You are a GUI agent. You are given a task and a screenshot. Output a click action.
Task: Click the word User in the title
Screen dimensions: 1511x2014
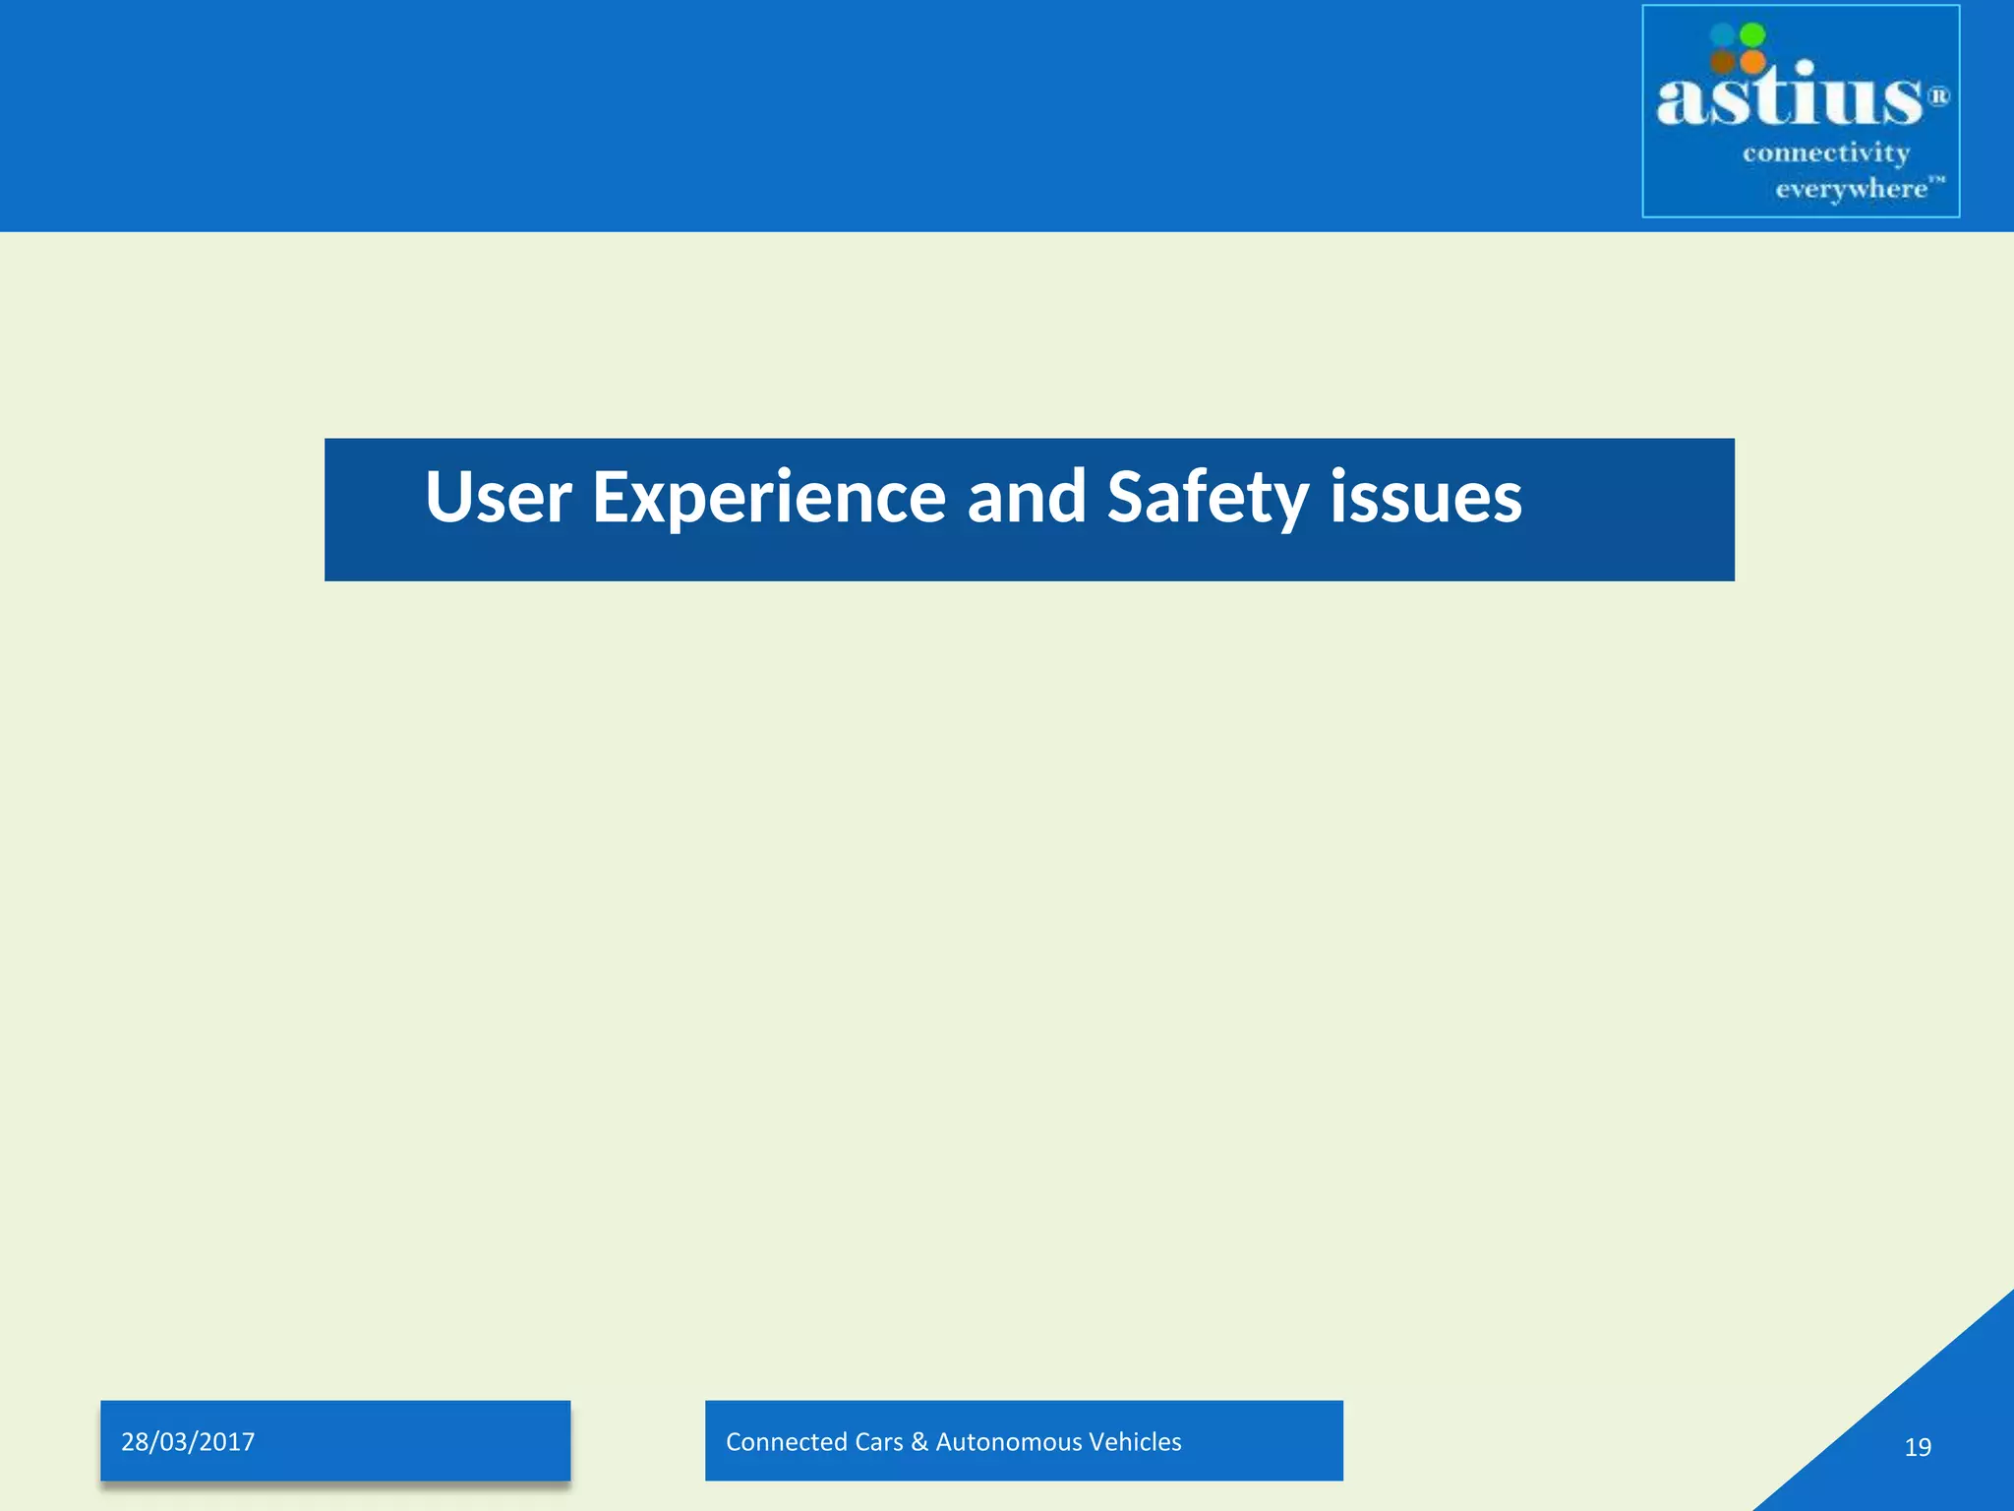498,497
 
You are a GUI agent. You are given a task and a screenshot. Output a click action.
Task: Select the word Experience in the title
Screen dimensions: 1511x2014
769,497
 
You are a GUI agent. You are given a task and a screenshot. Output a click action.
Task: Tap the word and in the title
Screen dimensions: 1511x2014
1027,497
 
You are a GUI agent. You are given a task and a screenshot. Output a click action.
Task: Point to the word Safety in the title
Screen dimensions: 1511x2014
1208,497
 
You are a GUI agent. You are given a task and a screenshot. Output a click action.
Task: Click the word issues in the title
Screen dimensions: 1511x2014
1425,497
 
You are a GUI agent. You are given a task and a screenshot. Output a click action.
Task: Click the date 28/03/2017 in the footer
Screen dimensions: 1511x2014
188,1442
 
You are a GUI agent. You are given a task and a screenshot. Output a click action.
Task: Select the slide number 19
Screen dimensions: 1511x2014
1918,1447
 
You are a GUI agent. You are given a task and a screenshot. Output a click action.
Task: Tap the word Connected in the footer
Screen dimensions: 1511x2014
787,1442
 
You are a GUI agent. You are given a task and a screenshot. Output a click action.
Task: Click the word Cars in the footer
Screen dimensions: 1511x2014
878,1442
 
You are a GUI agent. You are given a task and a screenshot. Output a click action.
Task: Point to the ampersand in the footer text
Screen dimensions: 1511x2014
919,1442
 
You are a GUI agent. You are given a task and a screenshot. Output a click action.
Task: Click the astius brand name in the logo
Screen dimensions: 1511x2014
1788,98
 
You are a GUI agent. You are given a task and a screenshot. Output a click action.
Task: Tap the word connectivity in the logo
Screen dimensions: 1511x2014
1826,153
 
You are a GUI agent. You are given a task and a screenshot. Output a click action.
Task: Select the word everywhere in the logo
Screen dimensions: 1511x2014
1851,189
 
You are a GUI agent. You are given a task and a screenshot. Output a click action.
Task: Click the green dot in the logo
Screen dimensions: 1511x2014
1752,34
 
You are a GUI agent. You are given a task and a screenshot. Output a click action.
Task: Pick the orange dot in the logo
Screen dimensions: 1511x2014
1752,62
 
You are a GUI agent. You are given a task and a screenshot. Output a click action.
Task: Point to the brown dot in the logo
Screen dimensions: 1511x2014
1722,62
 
